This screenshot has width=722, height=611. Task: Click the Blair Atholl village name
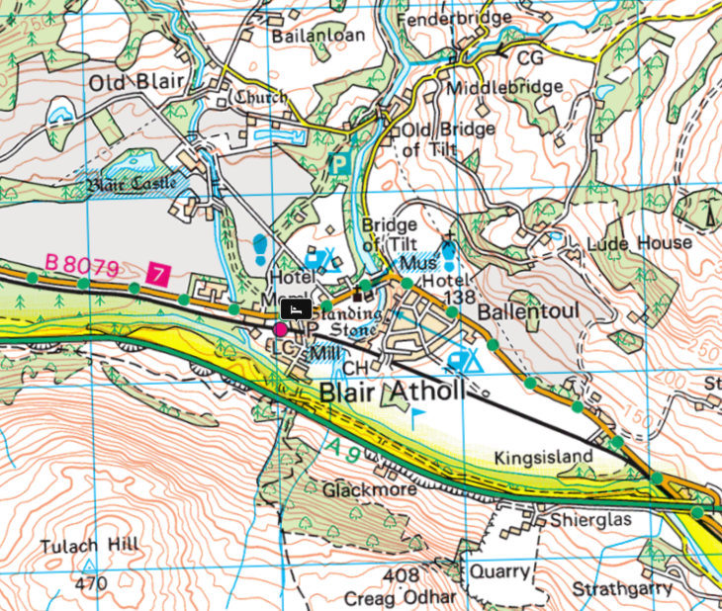(x=392, y=393)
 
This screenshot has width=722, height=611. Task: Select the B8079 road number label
(x=82, y=264)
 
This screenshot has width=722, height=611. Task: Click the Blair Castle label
(x=132, y=184)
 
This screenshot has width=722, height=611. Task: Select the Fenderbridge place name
(x=468, y=19)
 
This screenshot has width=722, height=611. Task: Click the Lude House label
(x=640, y=242)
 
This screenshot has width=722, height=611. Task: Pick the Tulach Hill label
(x=89, y=547)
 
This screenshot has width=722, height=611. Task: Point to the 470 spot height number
(x=90, y=584)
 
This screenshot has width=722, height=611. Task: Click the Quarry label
(x=495, y=570)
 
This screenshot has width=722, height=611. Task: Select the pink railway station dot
(x=281, y=328)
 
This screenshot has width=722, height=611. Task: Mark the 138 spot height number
(x=461, y=298)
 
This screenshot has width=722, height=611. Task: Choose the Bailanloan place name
(x=317, y=35)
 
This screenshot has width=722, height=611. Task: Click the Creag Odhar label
(x=401, y=598)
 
